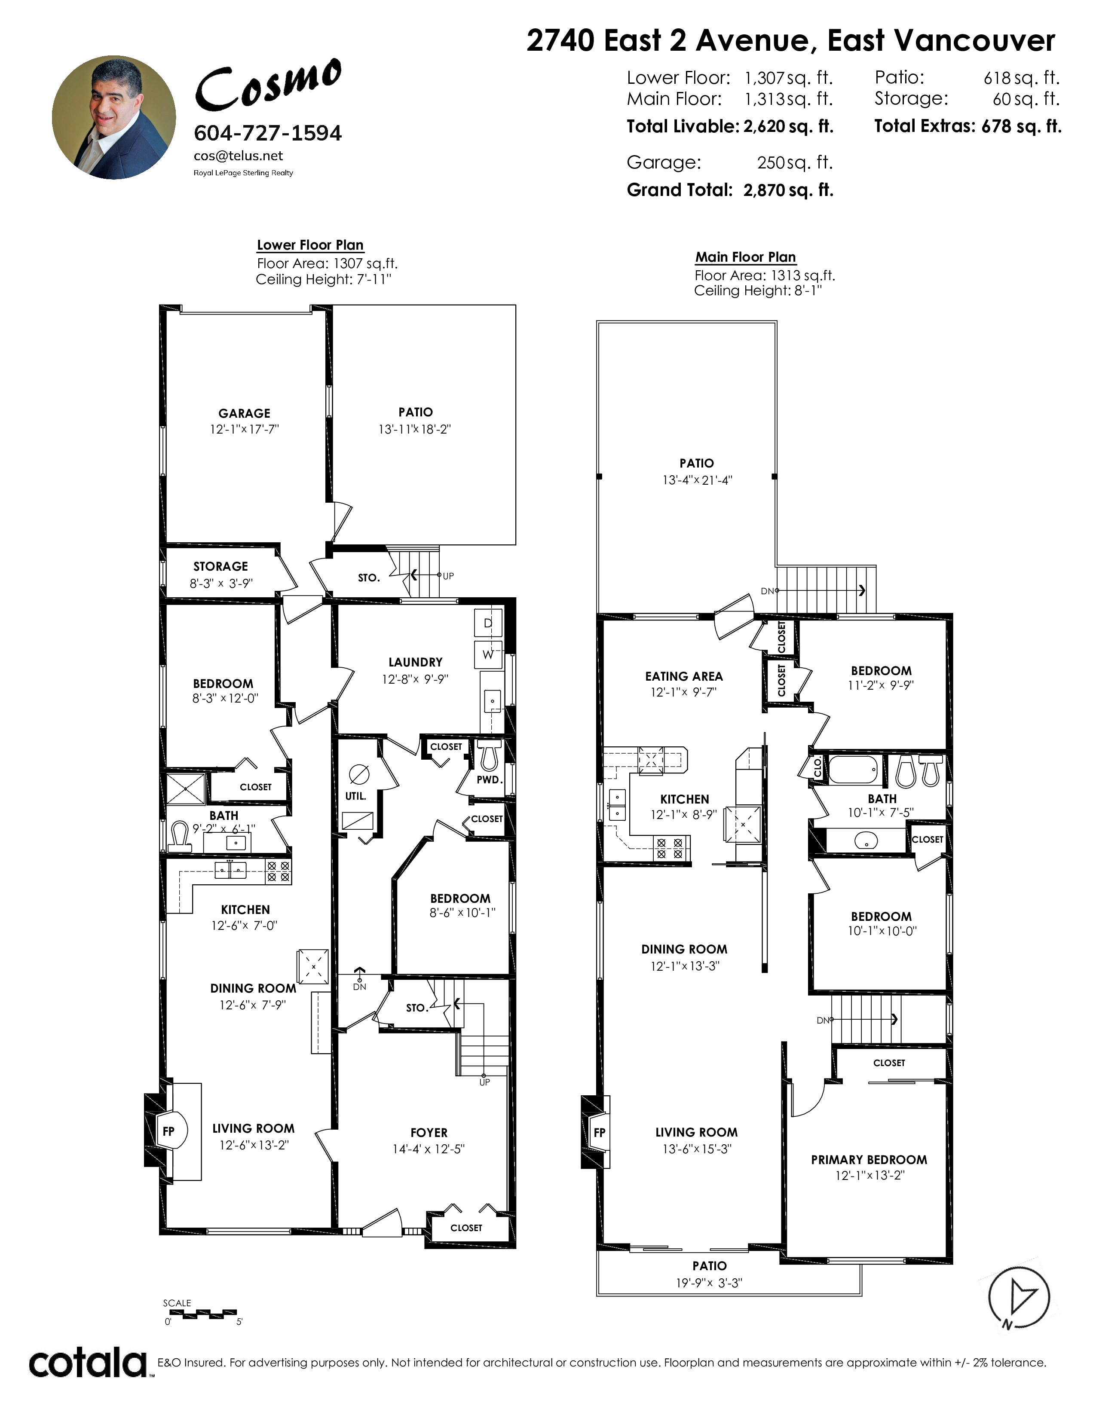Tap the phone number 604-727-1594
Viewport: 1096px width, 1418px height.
(267, 133)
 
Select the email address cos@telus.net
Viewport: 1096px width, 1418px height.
(238, 156)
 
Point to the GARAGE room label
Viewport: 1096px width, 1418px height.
(244, 413)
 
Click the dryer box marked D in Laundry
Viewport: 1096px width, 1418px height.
(488, 623)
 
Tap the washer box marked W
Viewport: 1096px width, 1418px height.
(488, 654)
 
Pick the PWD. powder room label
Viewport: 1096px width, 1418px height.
(490, 780)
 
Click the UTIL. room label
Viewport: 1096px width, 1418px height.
(356, 796)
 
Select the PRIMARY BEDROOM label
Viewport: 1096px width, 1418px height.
(869, 1160)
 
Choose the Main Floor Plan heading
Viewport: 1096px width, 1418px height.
(745, 257)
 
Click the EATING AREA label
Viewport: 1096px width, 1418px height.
(684, 676)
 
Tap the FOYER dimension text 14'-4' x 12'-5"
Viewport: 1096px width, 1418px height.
(429, 1149)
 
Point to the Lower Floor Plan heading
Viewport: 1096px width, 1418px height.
(310, 245)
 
